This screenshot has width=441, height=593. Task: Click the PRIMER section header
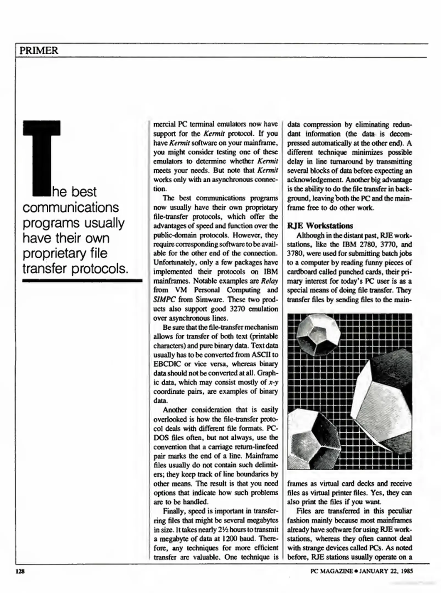(x=39, y=51)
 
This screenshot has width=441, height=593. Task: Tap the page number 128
(x=20, y=572)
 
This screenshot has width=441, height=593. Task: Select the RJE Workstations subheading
(x=320, y=226)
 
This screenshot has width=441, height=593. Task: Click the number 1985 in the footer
(x=406, y=571)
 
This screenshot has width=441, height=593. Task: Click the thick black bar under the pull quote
(x=82, y=281)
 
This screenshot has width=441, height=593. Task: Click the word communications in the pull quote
(x=71, y=207)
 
